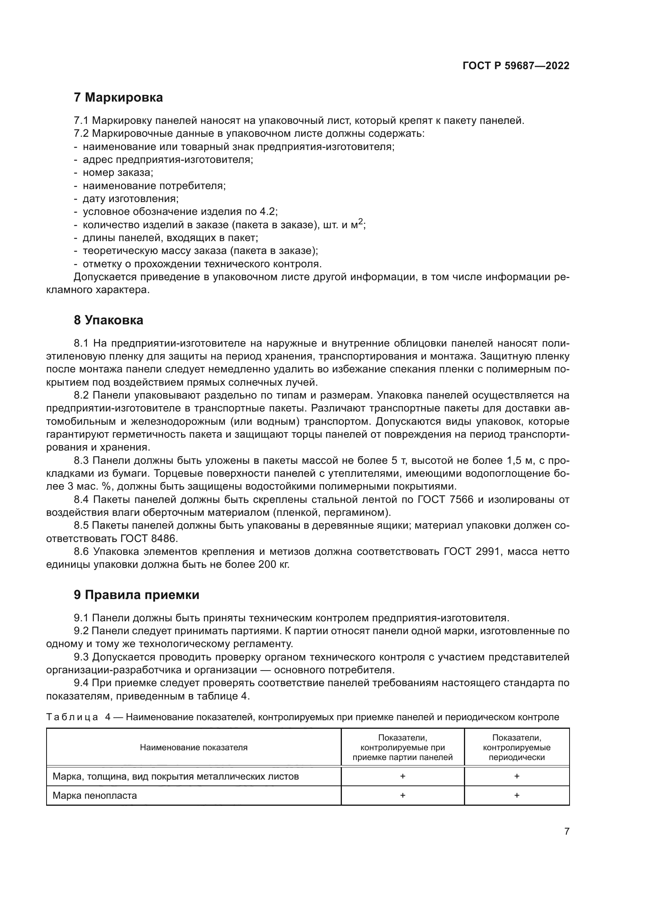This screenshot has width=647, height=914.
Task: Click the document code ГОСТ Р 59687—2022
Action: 516,66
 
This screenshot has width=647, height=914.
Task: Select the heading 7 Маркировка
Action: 118,98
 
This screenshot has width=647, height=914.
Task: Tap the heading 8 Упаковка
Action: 108,320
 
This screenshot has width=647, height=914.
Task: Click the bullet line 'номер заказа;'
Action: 118,173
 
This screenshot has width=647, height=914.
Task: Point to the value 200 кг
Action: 273,565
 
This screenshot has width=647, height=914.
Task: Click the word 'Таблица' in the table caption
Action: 72,717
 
